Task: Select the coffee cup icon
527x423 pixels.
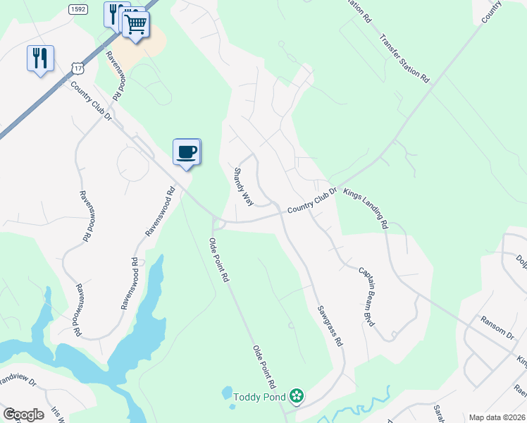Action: (187, 152)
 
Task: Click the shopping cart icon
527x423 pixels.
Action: (136, 25)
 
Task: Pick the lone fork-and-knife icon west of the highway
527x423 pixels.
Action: (40, 58)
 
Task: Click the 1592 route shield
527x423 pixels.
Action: (78, 8)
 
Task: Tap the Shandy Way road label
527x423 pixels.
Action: (243, 186)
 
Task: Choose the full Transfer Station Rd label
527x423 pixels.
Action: (404, 59)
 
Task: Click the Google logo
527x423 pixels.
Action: (23, 415)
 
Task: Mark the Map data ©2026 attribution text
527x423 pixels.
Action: (496, 417)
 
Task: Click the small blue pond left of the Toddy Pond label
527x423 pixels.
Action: (227, 393)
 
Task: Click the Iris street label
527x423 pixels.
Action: (57, 415)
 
